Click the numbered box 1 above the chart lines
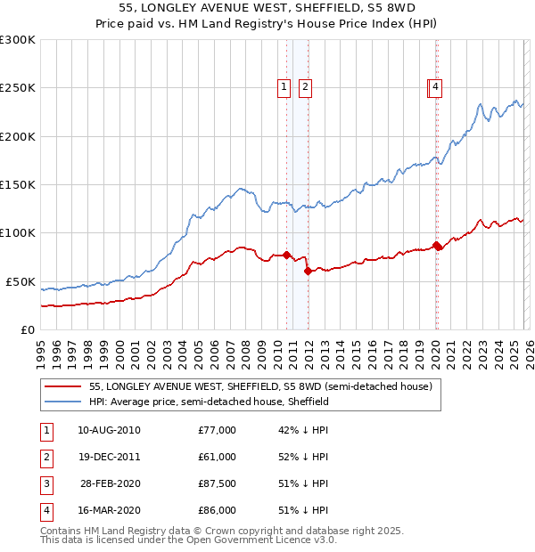tap(284, 87)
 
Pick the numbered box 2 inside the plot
tap(305, 87)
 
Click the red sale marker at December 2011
tap(308, 271)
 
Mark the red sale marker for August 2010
tap(286, 256)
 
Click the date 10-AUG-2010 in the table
tap(109, 430)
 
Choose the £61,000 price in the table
tap(217, 457)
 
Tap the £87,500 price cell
tap(217, 483)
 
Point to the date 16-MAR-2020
tap(109, 510)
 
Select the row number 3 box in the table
tap(45, 483)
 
